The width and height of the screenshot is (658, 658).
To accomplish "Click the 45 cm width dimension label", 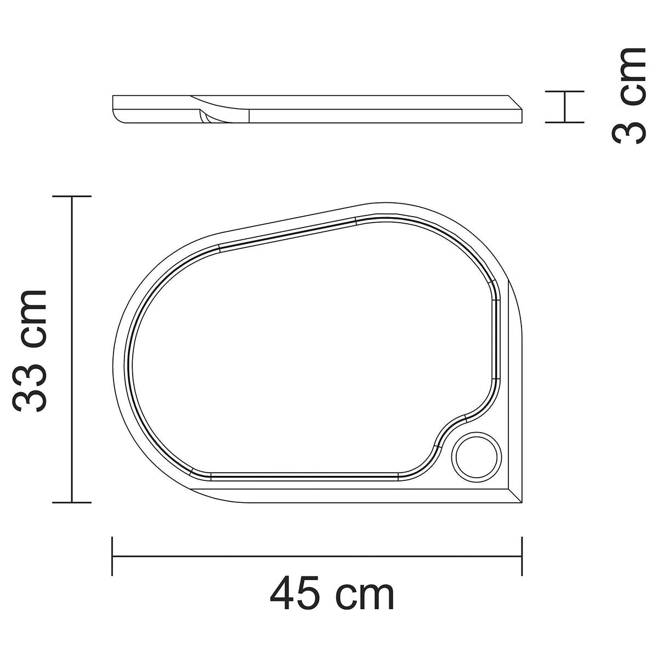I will (x=332, y=594).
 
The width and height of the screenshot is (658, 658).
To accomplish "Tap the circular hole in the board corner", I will (x=478, y=456).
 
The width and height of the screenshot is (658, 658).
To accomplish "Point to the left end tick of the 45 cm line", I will (x=112, y=556).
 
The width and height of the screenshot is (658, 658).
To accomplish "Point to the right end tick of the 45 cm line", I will (x=521, y=556).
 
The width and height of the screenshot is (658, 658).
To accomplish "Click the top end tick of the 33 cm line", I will (x=72, y=196).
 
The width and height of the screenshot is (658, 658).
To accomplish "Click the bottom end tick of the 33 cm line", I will (x=72, y=502).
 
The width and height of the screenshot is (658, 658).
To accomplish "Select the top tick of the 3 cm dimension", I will (x=564, y=92).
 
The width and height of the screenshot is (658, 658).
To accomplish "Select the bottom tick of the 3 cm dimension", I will (x=564, y=122).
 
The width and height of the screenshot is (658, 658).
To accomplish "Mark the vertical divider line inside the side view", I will (x=249, y=116).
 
